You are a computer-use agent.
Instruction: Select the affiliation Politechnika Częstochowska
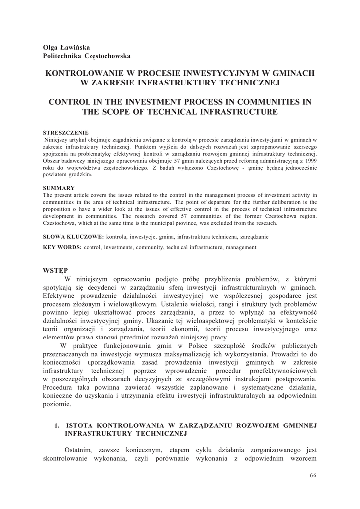tap(87, 56)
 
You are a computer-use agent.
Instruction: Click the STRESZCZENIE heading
tap(66, 132)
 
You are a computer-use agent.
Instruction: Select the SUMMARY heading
tap(59, 188)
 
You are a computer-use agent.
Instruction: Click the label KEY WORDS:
tap(63, 247)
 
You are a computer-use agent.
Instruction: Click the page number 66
tap(313, 475)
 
